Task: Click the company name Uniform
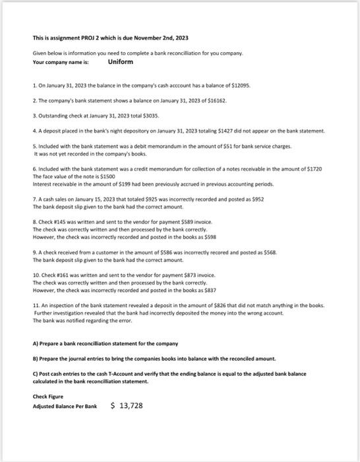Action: pyautogui.click(x=121, y=61)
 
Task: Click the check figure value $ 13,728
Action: pyautogui.click(x=126, y=406)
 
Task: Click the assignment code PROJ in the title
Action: pyautogui.click(x=86, y=38)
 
